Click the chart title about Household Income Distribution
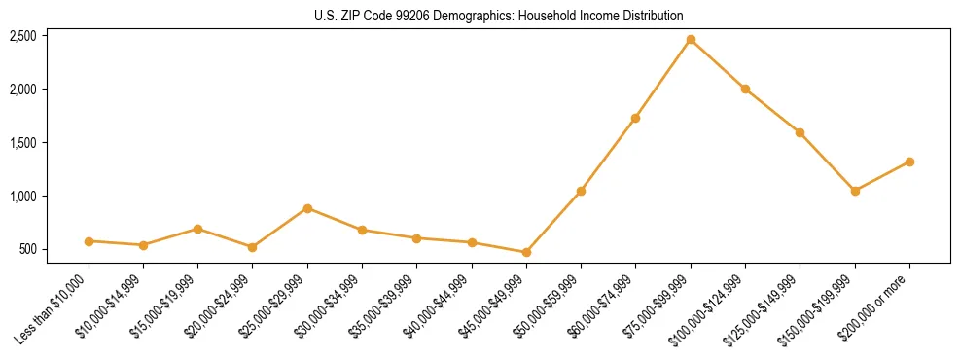click(x=499, y=16)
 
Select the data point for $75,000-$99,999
click(x=691, y=39)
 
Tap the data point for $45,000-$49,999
click(x=526, y=252)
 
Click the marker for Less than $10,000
click(x=89, y=240)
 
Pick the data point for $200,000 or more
click(x=909, y=162)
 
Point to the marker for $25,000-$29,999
click(x=307, y=208)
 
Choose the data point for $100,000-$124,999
click(x=745, y=89)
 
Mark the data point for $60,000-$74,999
click(x=635, y=118)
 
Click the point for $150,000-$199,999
click(x=855, y=191)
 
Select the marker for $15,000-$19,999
click(x=197, y=229)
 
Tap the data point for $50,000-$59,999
click(x=581, y=191)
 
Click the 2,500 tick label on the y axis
click(x=23, y=36)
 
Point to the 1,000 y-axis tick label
click(x=23, y=196)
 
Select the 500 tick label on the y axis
click(x=27, y=249)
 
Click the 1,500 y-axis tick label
click(x=23, y=142)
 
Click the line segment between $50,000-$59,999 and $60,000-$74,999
click(x=608, y=155)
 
